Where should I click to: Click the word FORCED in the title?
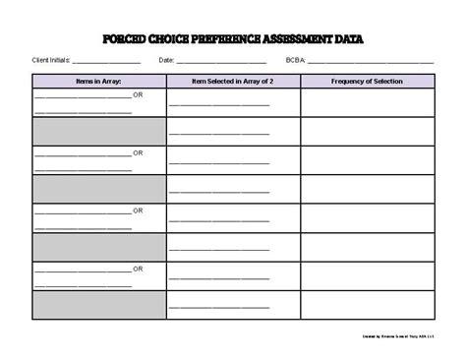coord(125,40)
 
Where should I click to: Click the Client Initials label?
coord(51,60)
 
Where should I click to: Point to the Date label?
coord(166,60)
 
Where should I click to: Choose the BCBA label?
coord(296,60)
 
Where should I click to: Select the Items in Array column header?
coord(98,81)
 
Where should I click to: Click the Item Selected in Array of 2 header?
coord(232,81)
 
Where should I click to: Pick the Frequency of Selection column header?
coord(367,81)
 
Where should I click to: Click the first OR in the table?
coord(139,95)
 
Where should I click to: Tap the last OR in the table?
coord(139,269)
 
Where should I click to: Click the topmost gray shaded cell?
coord(98,132)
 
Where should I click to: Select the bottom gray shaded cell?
coord(98,305)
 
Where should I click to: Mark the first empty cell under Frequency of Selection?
coord(367,102)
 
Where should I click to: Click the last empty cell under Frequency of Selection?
coord(367,305)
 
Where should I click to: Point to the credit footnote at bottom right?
coord(399,336)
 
